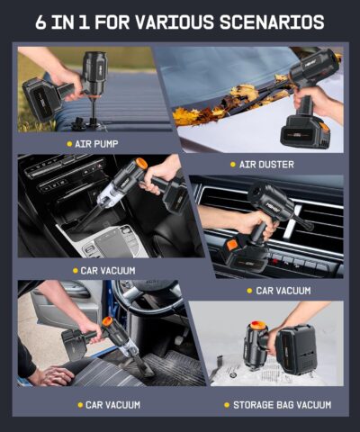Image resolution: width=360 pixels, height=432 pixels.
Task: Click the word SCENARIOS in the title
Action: pos(277,22)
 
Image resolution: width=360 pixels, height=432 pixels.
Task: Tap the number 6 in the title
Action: pos(41,22)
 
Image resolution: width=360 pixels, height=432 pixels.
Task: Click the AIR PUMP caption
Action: pos(99,143)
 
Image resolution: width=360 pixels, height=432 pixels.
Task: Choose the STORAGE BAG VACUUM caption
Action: pos(282,404)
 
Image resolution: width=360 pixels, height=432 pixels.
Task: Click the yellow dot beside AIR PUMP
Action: pos(69,143)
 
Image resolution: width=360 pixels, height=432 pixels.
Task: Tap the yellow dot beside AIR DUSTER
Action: pos(232,165)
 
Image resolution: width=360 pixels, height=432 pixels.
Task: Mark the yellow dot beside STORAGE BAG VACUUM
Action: pos(226,404)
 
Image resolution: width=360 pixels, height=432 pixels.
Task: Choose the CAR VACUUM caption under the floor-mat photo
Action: pos(112,404)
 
